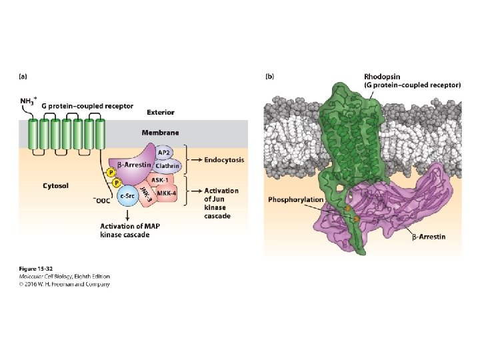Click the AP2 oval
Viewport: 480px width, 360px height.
click(x=164, y=153)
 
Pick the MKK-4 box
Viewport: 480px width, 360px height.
click(x=167, y=193)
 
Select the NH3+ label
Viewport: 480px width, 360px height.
click(x=28, y=101)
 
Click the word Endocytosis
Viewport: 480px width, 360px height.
click(x=225, y=160)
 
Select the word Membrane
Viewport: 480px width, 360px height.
click(x=160, y=133)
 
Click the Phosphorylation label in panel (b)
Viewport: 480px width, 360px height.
click(x=295, y=199)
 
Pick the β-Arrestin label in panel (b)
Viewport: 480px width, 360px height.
click(x=427, y=237)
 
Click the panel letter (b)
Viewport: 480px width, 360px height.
click(x=269, y=76)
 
